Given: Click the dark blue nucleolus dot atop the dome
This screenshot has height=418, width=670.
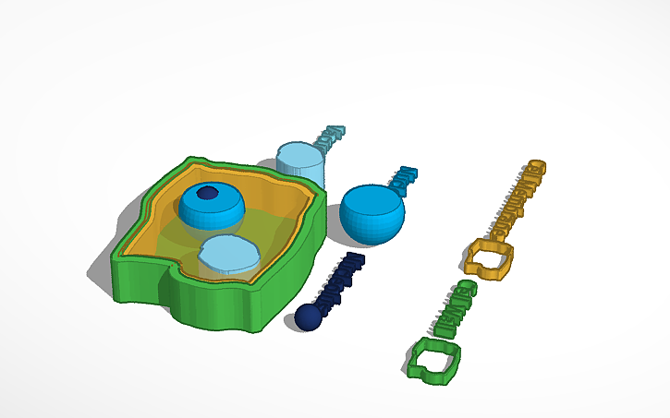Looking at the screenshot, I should [208, 193].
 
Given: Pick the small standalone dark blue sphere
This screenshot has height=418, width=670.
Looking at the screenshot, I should [308, 317].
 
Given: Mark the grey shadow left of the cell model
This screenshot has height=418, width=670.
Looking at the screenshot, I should [104, 268].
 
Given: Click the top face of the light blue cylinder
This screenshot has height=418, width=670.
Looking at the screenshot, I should [300, 153].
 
